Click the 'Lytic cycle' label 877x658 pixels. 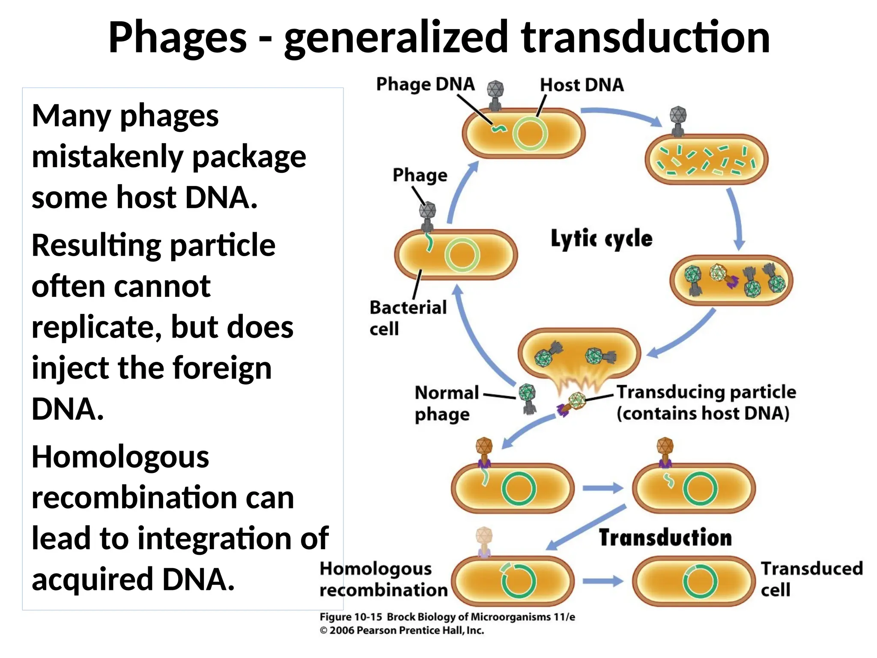[x=601, y=239]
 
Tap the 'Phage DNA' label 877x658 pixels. [x=425, y=84]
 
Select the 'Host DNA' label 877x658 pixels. [x=582, y=85]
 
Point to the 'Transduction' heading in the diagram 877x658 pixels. [x=665, y=538]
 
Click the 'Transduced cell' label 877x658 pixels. [x=811, y=579]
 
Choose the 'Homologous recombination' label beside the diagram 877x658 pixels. [x=383, y=579]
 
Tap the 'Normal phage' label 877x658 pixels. [x=447, y=403]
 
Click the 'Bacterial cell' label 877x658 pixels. [x=408, y=318]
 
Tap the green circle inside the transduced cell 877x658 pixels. [x=700, y=581]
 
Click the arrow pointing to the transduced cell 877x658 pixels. [x=603, y=581]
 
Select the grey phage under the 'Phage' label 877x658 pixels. [x=427, y=216]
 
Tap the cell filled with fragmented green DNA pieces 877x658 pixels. [x=706, y=159]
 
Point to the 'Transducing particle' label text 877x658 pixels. [x=706, y=392]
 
